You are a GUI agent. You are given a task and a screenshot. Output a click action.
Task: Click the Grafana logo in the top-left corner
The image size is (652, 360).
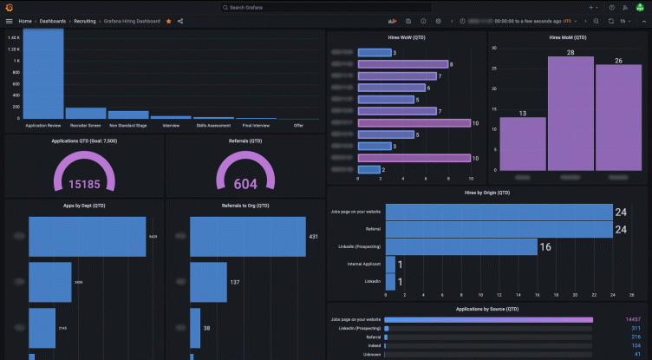click(x=9, y=7)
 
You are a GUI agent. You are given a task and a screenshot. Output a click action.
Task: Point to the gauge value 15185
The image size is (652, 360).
click(x=83, y=184)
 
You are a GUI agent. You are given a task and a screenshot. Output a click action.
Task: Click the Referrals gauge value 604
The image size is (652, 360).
click(x=245, y=184)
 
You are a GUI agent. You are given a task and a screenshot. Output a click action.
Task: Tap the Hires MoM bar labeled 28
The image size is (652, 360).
click(x=570, y=113)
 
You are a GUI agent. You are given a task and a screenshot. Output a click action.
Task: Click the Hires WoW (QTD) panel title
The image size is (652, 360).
click(x=406, y=38)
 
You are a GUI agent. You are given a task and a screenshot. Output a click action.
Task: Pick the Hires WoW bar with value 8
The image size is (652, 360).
click(x=402, y=64)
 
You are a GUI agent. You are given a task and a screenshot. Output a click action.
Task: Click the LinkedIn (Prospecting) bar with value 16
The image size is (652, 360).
click(x=461, y=247)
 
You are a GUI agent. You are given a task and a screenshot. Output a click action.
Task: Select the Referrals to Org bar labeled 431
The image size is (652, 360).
click(x=248, y=237)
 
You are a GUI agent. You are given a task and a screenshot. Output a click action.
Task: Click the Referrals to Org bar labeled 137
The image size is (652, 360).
click(x=210, y=282)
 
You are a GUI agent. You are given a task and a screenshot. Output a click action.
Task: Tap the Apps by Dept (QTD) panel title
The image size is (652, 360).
click(x=83, y=206)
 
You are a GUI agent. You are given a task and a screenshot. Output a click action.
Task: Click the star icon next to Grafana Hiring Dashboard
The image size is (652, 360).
click(x=168, y=21)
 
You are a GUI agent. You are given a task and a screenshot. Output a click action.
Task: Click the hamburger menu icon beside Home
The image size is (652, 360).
click(x=9, y=21)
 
